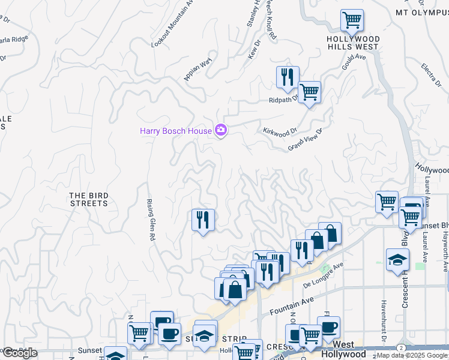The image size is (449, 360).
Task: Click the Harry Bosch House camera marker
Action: coord(220,130)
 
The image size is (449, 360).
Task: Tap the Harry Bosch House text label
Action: coord(175,131)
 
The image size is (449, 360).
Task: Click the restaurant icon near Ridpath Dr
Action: coord(288,77)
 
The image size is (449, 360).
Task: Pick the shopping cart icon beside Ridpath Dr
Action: coord(309,92)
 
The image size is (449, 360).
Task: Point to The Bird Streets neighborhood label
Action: coord(88,199)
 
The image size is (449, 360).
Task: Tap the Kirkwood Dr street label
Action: coord(280,131)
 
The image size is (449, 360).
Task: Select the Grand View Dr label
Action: coord(306,139)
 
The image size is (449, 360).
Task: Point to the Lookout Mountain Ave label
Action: coord(173,24)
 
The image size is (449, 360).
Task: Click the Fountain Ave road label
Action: coord(292,306)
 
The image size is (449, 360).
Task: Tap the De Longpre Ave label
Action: coord(324,273)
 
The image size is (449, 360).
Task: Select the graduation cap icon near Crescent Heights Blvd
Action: coord(397,260)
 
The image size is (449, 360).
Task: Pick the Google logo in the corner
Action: coord(20,353)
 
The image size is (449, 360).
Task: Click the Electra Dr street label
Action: coord(431,74)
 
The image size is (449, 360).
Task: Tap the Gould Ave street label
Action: coord(354,62)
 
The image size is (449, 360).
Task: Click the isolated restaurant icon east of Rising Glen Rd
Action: coord(203,220)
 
